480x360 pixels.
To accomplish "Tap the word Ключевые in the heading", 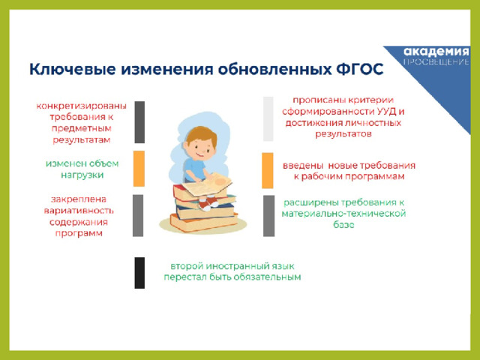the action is click(x=73, y=70).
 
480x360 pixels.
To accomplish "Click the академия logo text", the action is click(x=436, y=52).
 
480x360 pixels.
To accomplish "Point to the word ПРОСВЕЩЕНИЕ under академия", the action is click(x=436, y=62).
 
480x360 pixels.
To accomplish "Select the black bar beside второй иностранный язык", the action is click(x=139, y=273).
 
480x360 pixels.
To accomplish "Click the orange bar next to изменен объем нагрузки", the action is click(x=139, y=168).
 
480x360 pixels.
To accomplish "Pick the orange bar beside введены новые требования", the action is click(x=268, y=170).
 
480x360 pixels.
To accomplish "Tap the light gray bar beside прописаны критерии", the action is click(x=268, y=118).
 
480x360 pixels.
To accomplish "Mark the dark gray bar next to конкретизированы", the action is click(x=139, y=122).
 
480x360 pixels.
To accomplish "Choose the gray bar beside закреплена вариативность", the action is click(x=138, y=215).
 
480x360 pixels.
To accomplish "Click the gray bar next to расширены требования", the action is click(x=268, y=216).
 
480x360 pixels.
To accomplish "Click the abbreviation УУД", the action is click(x=387, y=112).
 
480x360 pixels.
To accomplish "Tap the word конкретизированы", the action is click(x=82, y=106).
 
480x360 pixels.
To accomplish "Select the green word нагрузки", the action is click(x=82, y=175).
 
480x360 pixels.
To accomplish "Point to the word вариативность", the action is click(x=79, y=211).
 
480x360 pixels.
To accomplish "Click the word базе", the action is click(x=343, y=225).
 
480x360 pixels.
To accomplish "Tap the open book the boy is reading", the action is click(x=208, y=184).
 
